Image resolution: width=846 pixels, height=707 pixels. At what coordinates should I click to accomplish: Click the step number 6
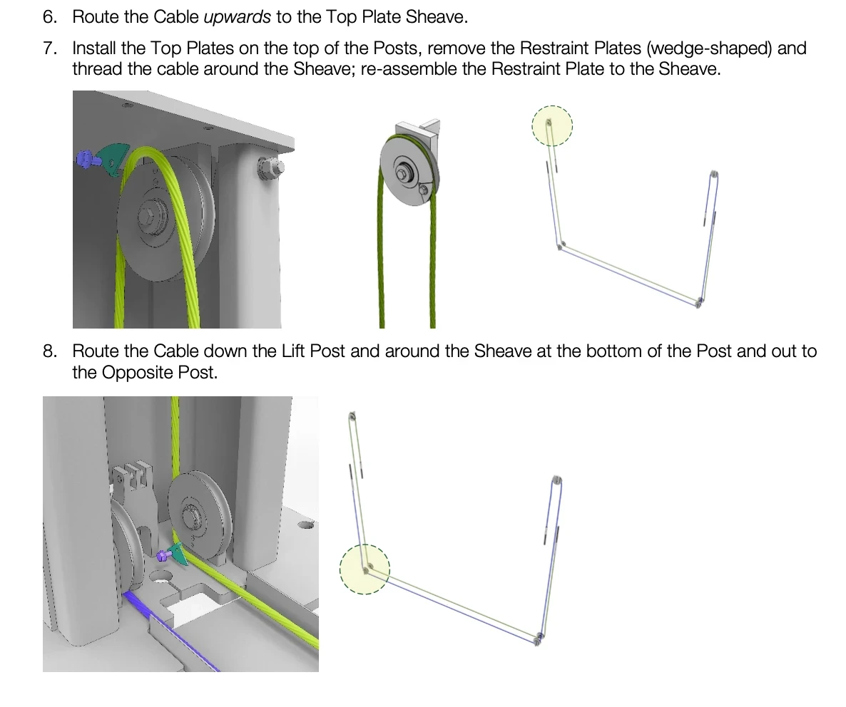50,16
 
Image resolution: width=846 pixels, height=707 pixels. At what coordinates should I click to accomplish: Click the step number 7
50,48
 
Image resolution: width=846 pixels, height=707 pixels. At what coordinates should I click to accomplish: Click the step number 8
50,351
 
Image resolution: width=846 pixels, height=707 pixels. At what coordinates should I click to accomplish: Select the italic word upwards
237,17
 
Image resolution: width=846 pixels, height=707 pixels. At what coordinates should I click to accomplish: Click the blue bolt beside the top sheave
87,158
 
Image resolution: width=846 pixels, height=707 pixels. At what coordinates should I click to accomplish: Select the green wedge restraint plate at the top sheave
114,158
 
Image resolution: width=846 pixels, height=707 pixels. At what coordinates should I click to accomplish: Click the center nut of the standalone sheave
402,172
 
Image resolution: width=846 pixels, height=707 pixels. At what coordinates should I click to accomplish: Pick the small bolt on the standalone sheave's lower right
424,189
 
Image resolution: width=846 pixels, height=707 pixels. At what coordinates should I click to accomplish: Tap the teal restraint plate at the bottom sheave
178,554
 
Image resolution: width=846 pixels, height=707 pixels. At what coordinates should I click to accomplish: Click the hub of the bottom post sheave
192,518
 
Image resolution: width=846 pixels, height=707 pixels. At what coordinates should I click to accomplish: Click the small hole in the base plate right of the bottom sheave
305,525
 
